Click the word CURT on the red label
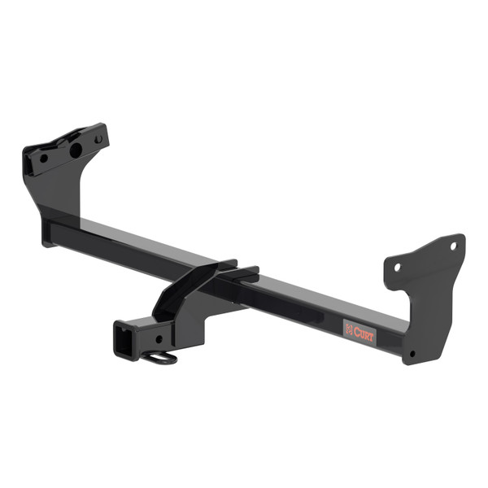364,332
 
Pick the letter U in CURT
362,331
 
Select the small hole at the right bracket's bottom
412,354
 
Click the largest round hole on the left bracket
75,150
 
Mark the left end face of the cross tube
47,234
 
